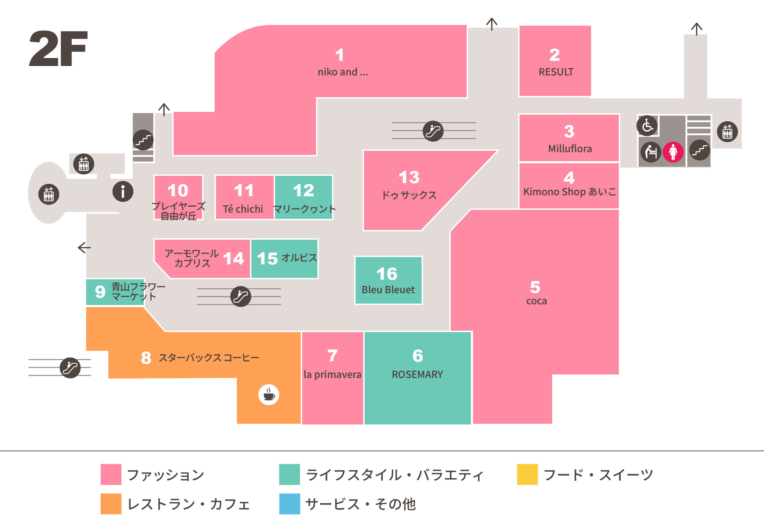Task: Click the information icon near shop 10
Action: pyautogui.click(x=123, y=191)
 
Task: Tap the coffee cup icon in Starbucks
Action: pyautogui.click(x=268, y=395)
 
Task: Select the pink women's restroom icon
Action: pyautogui.click(x=673, y=152)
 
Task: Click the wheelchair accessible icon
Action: pyautogui.click(x=647, y=125)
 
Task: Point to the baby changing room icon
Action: pyautogui.click(x=651, y=152)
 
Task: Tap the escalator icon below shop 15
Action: pyautogui.click(x=241, y=297)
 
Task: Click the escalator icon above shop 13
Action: pyautogui.click(x=433, y=131)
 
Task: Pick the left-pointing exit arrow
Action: pyautogui.click(x=84, y=248)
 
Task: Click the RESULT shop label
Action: pyautogui.click(x=556, y=72)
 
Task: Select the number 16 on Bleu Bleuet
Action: pyautogui.click(x=387, y=274)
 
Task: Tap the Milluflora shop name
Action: pyautogui.click(x=570, y=149)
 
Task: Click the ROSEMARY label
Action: pyautogui.click(x=417, y=374)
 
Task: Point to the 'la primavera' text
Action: pyautogui.click(x=332, y=374)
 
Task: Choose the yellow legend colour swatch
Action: pyautogui.click(x=527, y=474)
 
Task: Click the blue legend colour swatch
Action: pyautogui.click(x=290, y=504)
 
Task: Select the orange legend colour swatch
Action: pyautogui.click(x=111, y=504)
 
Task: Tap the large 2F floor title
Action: pyautogui.click(x=58, y=49)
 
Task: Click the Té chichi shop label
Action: pyautogui.click(x=243, y=209)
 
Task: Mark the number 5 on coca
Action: pyautogui.click(x=535, y=287)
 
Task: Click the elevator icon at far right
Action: pyautogui.click(x=727, y=132)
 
